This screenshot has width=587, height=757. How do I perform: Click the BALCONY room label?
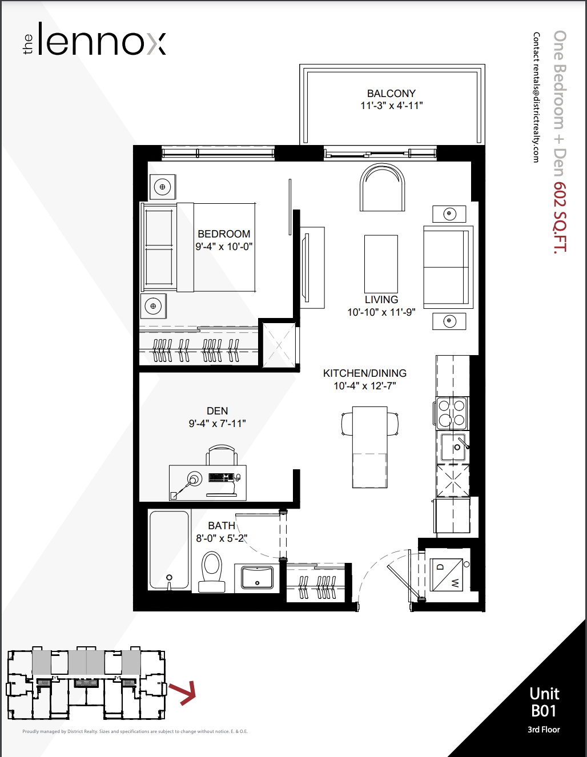(x=391, y=94)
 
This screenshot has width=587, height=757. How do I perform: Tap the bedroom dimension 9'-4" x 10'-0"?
(x=224, y=247)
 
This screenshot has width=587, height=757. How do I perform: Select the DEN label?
(x=217, y=411)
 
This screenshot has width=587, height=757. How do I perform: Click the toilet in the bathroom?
(x=212, y=571)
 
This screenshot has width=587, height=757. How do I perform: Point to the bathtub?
(x=170, y=550)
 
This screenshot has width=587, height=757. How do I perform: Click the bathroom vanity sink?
(x=257, y=578)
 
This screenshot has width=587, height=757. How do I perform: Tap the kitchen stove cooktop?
(x=452, y=413)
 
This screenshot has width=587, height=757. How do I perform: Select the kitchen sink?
(x=453, y=447)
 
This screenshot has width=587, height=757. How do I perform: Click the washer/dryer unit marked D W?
(x=447, y=574)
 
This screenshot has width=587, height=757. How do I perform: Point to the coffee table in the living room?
(x=381, y=264)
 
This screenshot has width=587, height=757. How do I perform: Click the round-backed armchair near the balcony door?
(x=382, y=187)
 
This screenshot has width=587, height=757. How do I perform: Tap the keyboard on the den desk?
(x=221, y=477)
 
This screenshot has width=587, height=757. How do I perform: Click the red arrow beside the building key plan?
(x=183, y=693)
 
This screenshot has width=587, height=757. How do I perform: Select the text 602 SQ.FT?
(x=560, y=216)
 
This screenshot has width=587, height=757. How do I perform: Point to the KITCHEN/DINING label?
(x=365, y=373)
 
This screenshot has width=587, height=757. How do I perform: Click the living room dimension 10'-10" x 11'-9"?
(x=381, y=312)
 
